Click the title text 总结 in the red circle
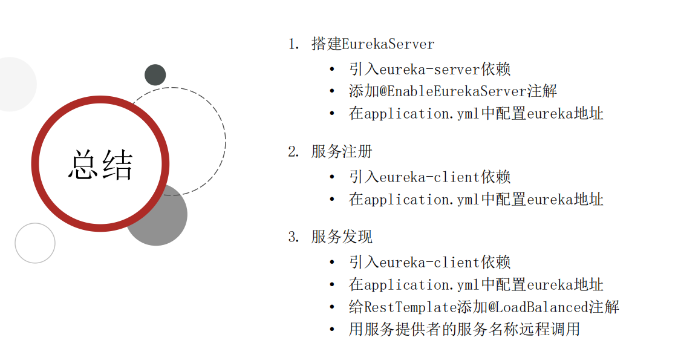click(x=100, y=165)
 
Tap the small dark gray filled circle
click(x=155, y=74)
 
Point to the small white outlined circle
click(x=35, y=243)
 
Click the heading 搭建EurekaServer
click(x=373, y=44)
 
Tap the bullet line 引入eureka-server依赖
click(x=429, y=69)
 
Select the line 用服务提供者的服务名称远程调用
click(x=464, y=329)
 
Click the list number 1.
click(x=293, y=44)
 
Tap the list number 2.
click(x=293, y=152)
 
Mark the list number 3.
click(x=293, y=237)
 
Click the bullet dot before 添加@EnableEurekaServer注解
click(x=331, y=91)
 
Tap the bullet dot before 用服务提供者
click(x=331, y=329)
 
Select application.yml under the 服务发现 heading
click(x=414, y=284)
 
